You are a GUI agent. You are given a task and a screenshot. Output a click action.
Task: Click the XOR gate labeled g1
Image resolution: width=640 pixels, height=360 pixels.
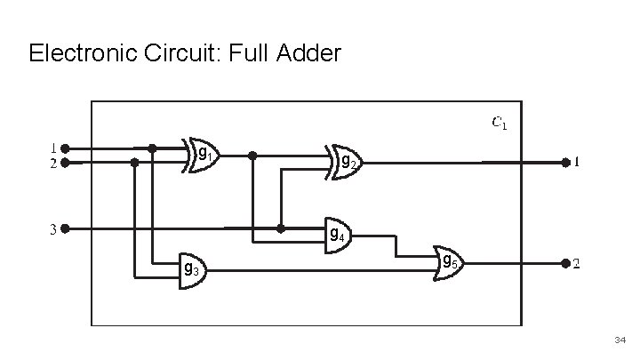click(200, 155)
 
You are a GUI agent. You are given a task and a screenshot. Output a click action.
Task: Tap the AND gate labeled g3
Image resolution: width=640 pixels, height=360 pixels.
click(191, 268)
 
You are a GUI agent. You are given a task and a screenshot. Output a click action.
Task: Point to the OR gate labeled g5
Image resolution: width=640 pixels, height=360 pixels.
click(447, 263)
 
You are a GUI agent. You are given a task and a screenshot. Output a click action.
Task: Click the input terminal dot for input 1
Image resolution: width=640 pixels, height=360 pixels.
click(65, 148)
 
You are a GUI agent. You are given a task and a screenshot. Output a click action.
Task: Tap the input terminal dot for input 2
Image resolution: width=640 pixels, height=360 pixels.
click(65, 164)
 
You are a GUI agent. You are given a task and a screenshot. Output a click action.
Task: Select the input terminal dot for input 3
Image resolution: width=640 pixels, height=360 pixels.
click(65, 228)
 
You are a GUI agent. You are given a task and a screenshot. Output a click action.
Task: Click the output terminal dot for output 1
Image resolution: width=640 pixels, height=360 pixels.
click(564, 163)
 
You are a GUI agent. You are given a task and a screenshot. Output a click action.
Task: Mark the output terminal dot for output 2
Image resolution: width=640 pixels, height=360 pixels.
click(564, 264)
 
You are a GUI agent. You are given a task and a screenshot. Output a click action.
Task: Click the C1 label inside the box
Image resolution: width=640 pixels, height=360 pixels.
click(500, 123)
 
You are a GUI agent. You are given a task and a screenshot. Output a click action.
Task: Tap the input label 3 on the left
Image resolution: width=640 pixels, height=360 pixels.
click(53, 229)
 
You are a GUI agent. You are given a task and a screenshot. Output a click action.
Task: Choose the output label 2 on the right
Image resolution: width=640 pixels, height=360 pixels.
click(576, 264)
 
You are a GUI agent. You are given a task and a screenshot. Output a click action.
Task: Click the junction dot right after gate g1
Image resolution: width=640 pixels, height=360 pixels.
click(252, 155)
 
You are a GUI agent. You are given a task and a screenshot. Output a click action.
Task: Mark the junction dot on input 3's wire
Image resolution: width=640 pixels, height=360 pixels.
click(281, 228)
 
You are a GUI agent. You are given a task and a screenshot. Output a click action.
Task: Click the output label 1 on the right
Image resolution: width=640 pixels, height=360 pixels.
click(576, 163)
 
